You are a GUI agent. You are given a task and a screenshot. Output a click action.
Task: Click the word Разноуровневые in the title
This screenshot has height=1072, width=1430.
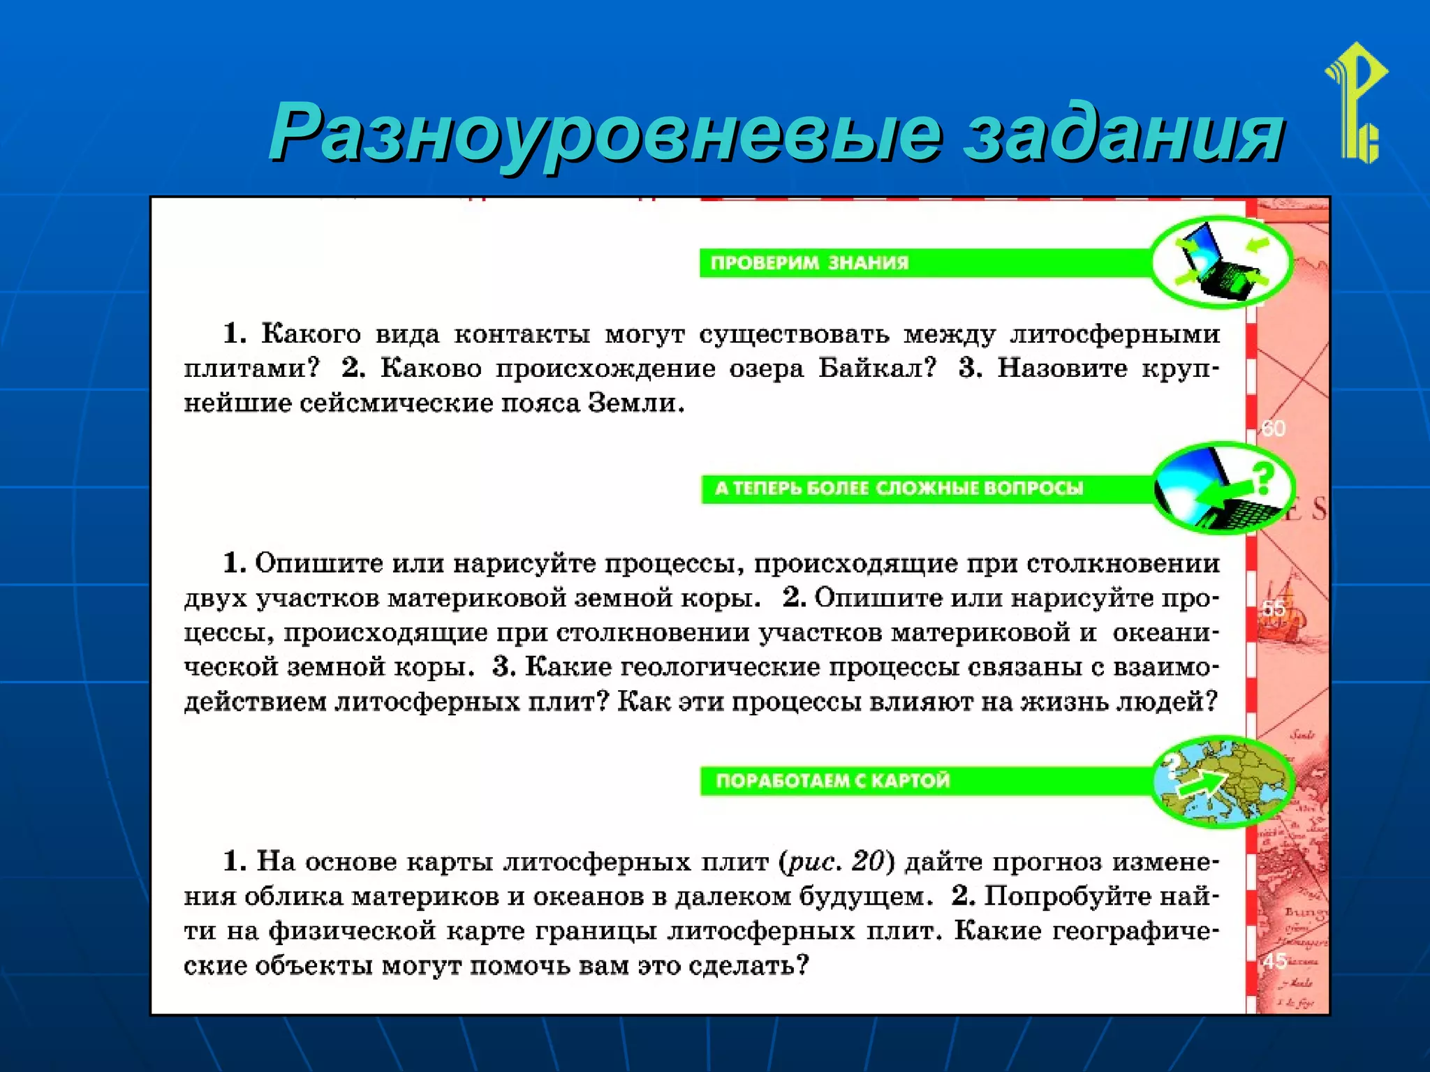(x=604, y=133)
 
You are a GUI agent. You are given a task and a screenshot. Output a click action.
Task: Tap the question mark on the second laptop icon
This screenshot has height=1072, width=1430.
(x=1262, y=479)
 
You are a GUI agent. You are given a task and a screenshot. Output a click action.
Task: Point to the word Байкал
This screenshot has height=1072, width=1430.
(x=877, y=368)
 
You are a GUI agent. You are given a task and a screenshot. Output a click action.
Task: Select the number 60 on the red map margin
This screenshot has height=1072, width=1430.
(x=1273, y=429)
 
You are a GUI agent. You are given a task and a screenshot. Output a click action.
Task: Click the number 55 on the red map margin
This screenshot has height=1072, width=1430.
(x=1274, y=609)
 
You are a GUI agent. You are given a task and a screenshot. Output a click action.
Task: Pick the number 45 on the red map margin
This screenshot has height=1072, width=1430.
(x=1274, y=961)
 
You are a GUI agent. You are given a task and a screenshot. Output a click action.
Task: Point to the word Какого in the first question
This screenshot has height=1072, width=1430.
(x=311, y=334)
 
